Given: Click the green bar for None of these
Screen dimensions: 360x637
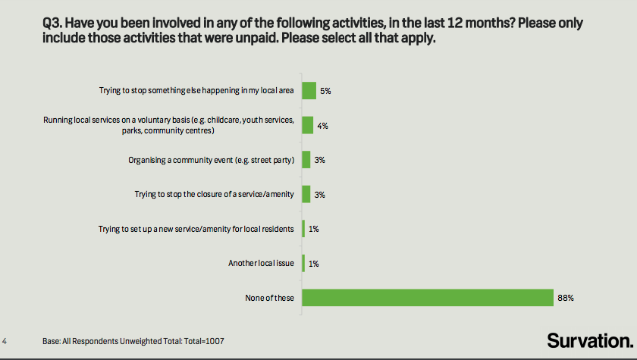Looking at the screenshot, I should point(428,297).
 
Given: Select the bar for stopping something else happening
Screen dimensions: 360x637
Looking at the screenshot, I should point(309,90).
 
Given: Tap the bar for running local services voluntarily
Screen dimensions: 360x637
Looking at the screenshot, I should point(308,125).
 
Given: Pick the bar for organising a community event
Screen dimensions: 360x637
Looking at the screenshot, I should point(306,159).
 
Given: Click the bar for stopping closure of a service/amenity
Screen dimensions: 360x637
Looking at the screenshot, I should point(306,194).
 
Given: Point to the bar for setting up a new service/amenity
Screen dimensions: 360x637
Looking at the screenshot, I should point(303,228).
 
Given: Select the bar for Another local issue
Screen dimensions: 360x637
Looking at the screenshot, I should point(303,263).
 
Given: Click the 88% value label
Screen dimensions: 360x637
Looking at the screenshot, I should point(565,298).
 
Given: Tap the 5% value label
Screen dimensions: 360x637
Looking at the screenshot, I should point(326,91).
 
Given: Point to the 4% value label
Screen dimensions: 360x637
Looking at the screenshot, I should point(322,125).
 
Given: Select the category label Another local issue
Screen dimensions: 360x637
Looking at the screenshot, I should point(261,263).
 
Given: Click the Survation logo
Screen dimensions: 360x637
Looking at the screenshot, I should point(589,340).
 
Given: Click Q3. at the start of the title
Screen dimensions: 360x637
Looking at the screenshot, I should point(54,23).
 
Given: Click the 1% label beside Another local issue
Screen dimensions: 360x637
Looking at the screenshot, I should point(313,263).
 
